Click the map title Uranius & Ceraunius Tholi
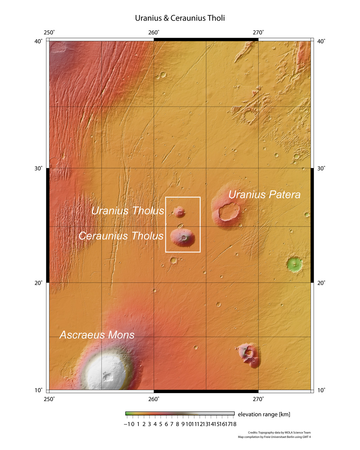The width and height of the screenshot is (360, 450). pos(180,18)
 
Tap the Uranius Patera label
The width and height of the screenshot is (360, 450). pos(264,194)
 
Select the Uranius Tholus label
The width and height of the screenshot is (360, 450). pos(127,211)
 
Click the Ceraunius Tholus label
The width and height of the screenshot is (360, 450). pos(121,236)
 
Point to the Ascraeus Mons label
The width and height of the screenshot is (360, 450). pos(97,335)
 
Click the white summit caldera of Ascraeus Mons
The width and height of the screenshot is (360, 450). pos(107,377)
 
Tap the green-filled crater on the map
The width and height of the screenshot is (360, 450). pos(294,264)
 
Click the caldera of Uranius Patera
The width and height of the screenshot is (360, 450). pos(229,211)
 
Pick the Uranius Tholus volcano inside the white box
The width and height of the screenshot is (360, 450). pos(179,212)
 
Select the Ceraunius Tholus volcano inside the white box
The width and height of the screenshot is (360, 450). pos(183,238)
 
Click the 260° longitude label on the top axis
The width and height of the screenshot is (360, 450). pos(154,33)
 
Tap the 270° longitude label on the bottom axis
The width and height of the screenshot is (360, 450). pos(258,399)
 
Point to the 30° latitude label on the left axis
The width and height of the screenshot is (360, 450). pos(38,168)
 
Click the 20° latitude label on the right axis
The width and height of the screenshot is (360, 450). pos(321,282)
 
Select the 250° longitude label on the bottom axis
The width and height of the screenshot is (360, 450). pos(49,399)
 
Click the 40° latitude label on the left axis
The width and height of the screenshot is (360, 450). pos(38,41)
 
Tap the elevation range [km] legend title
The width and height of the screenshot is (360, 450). pos(264,414)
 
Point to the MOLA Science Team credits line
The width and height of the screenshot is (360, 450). pos(279,433)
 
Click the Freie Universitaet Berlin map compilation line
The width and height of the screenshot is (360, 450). pos(274,437)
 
